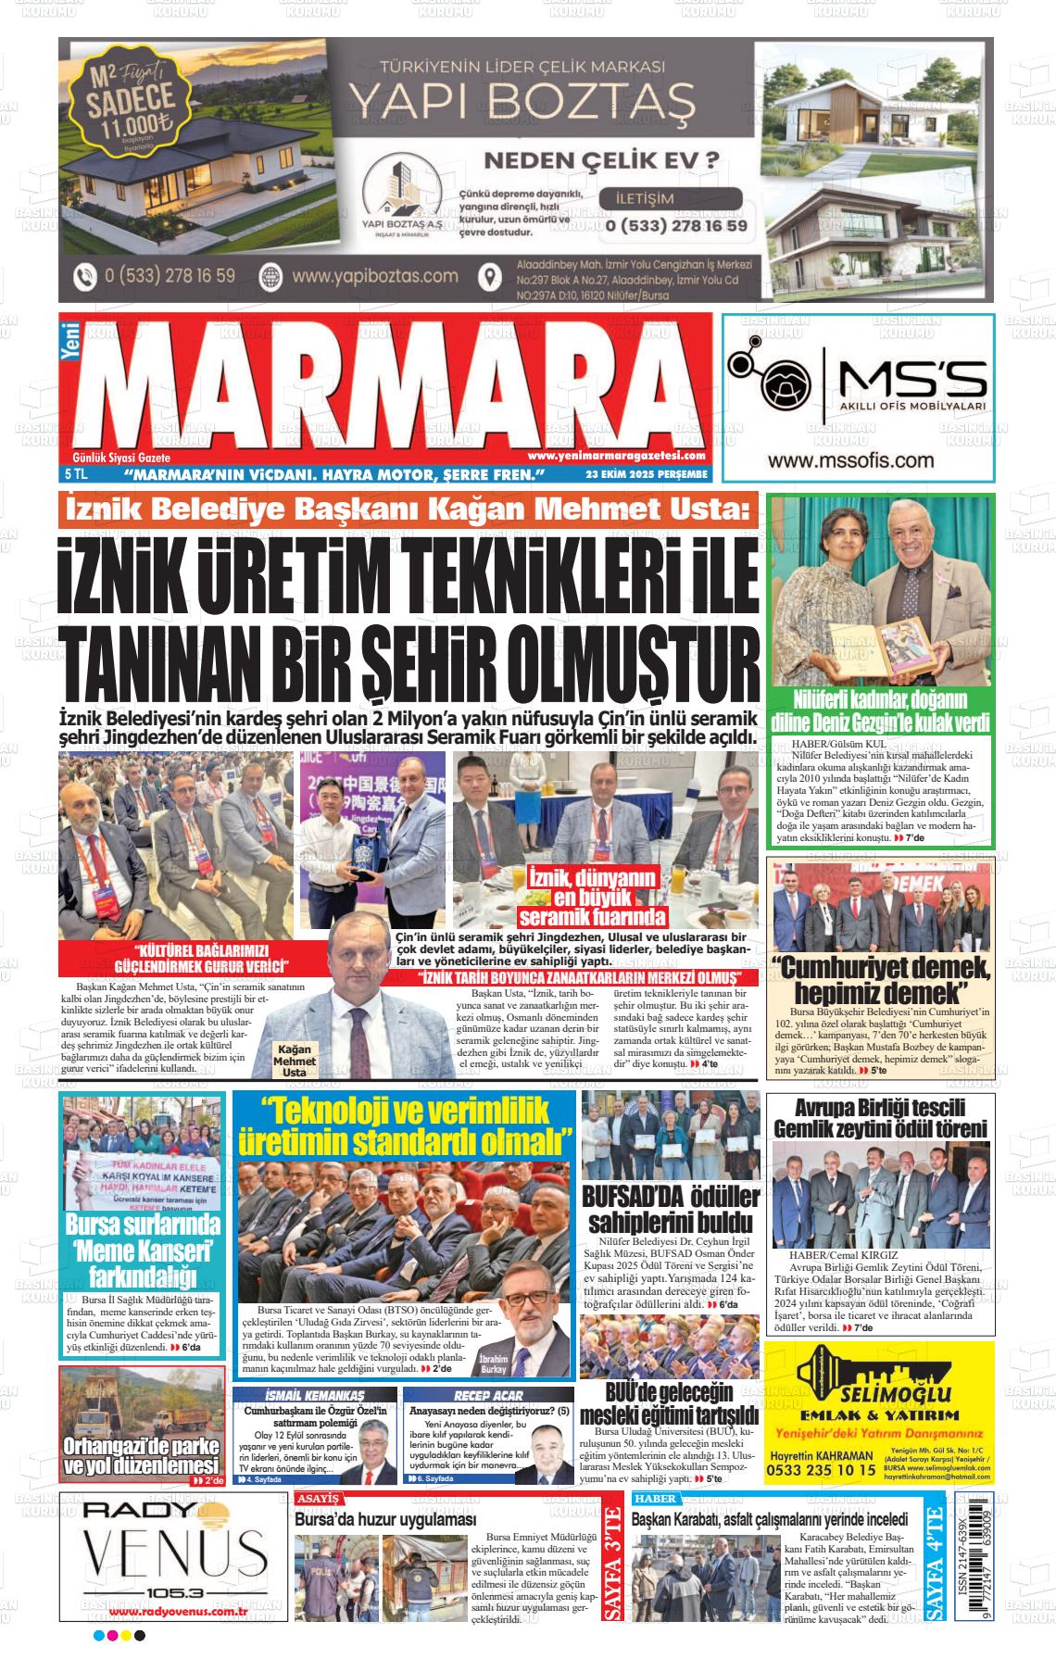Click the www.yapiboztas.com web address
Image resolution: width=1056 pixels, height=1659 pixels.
pos(374,276)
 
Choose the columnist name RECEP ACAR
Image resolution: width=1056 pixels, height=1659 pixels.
pos(488,1395)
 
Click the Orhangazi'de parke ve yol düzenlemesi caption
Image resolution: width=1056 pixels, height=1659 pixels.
pos(141,1456)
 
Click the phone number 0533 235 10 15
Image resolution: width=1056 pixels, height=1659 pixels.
pos(823,1469)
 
